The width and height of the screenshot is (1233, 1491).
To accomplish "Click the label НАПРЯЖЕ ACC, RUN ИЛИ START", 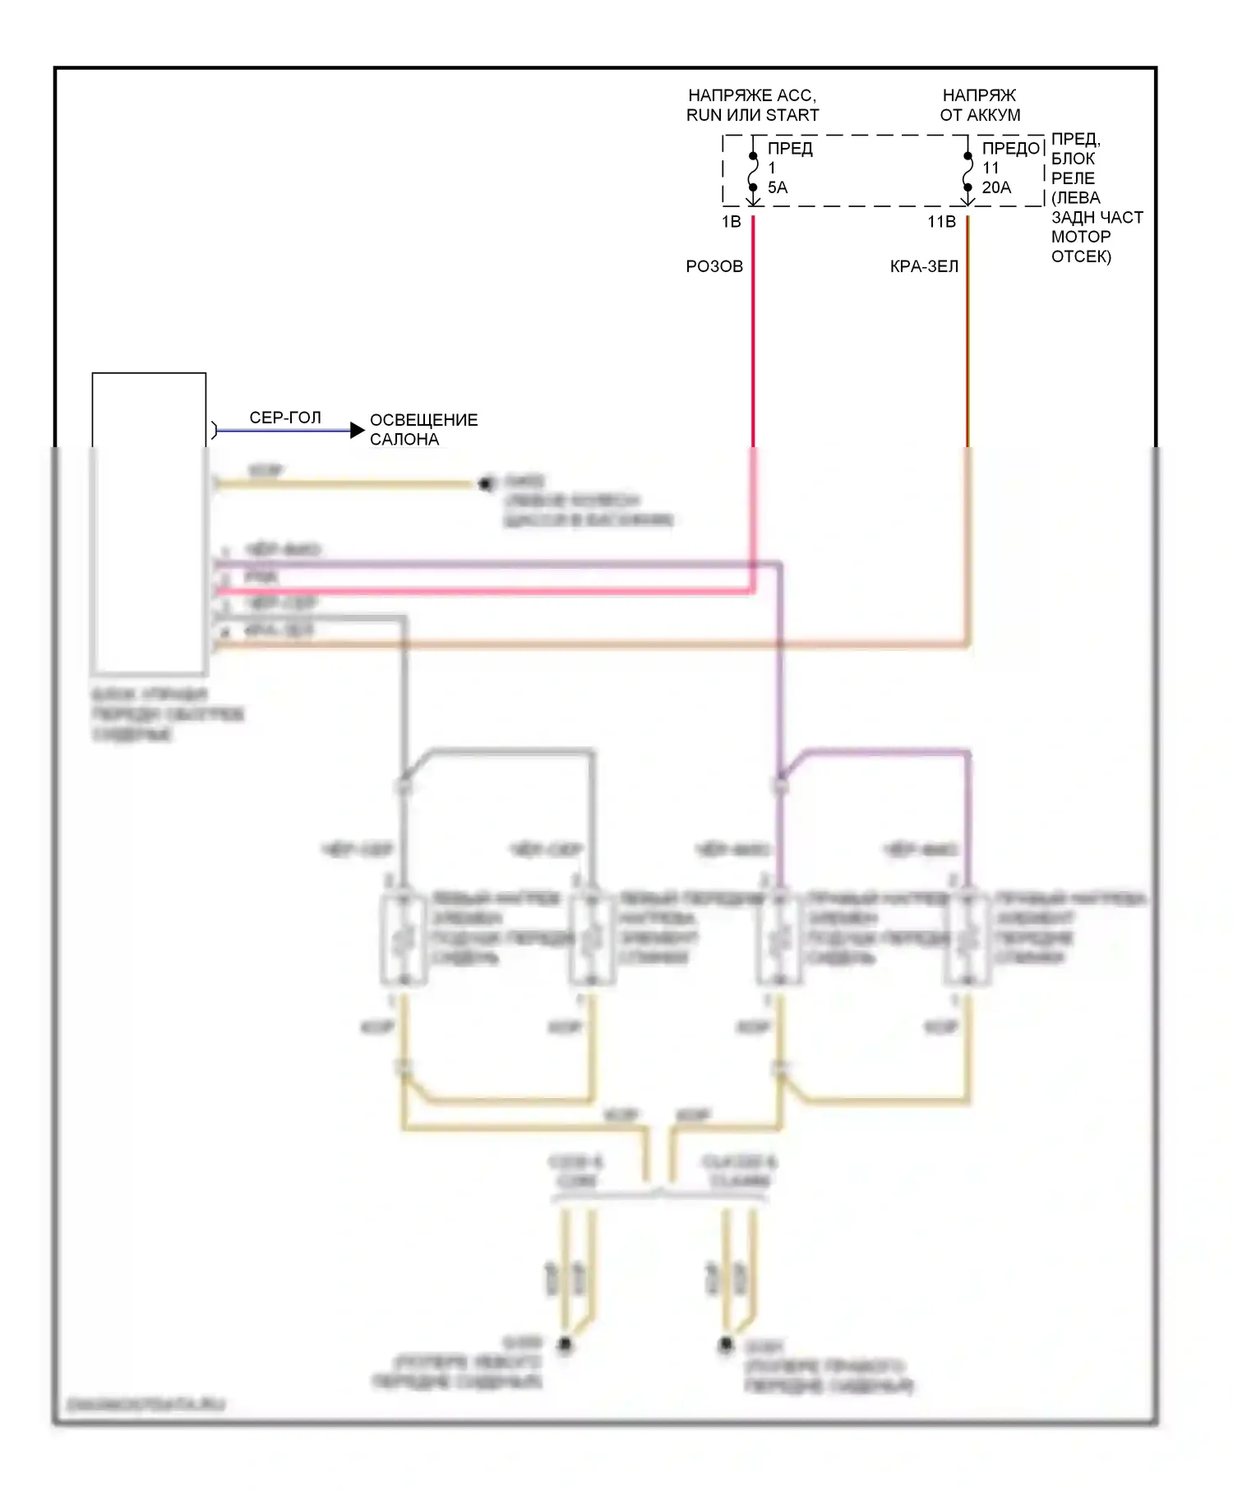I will tap(752, 105).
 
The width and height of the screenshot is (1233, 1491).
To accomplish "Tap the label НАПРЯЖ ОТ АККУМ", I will tap(980, 105).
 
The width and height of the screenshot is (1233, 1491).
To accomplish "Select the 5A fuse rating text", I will tap(778, 187).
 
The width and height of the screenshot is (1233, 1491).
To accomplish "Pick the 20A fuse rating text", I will tap(996, 187).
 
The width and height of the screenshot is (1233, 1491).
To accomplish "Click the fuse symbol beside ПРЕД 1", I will tap(753, 172).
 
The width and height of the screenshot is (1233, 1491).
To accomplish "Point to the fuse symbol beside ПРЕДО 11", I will tap(967, 172).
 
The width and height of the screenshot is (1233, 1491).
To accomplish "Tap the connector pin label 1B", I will tap(731, 222).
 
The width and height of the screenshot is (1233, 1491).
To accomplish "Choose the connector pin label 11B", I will tap(941, 222).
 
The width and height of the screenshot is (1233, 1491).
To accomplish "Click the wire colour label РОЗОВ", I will tap(714, 266).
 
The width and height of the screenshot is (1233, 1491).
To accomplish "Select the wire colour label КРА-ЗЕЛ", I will tap(924, 266).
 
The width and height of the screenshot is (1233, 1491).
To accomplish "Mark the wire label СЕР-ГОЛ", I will tap(285, 418).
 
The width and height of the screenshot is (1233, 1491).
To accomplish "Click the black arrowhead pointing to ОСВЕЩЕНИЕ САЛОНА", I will tap(357, 430).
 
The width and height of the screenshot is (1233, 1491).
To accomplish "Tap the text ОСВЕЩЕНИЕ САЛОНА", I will tap(423, 429).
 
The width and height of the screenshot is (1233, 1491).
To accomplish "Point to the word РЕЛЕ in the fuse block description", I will tap(1073, 178).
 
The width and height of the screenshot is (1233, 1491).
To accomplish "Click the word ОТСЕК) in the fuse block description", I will tap(1081, 256).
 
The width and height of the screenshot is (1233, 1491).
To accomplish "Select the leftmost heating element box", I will tap(404, 939).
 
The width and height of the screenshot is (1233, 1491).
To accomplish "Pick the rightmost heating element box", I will tap(967, 939).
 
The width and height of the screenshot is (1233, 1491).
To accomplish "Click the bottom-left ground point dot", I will tap(565, 1345).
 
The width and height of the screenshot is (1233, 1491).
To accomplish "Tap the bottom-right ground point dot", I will tap(726, 1345).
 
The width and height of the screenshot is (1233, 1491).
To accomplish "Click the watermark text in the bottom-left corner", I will tap(145, 1405).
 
